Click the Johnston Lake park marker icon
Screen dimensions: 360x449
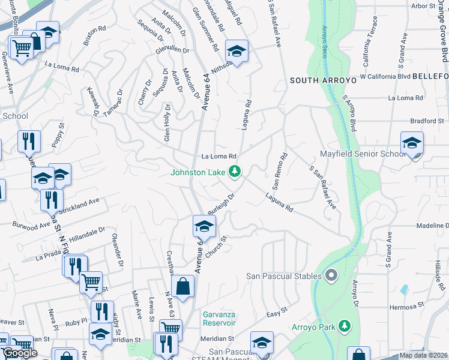coord(235,172)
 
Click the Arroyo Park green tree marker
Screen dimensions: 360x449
coord(345,326)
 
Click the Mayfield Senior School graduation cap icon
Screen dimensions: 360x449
coord(412,145)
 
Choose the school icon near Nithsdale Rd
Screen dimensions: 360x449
coord(237,53)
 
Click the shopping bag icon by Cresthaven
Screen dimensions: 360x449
coord(183,287)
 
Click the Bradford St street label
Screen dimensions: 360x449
coord(427,121)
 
